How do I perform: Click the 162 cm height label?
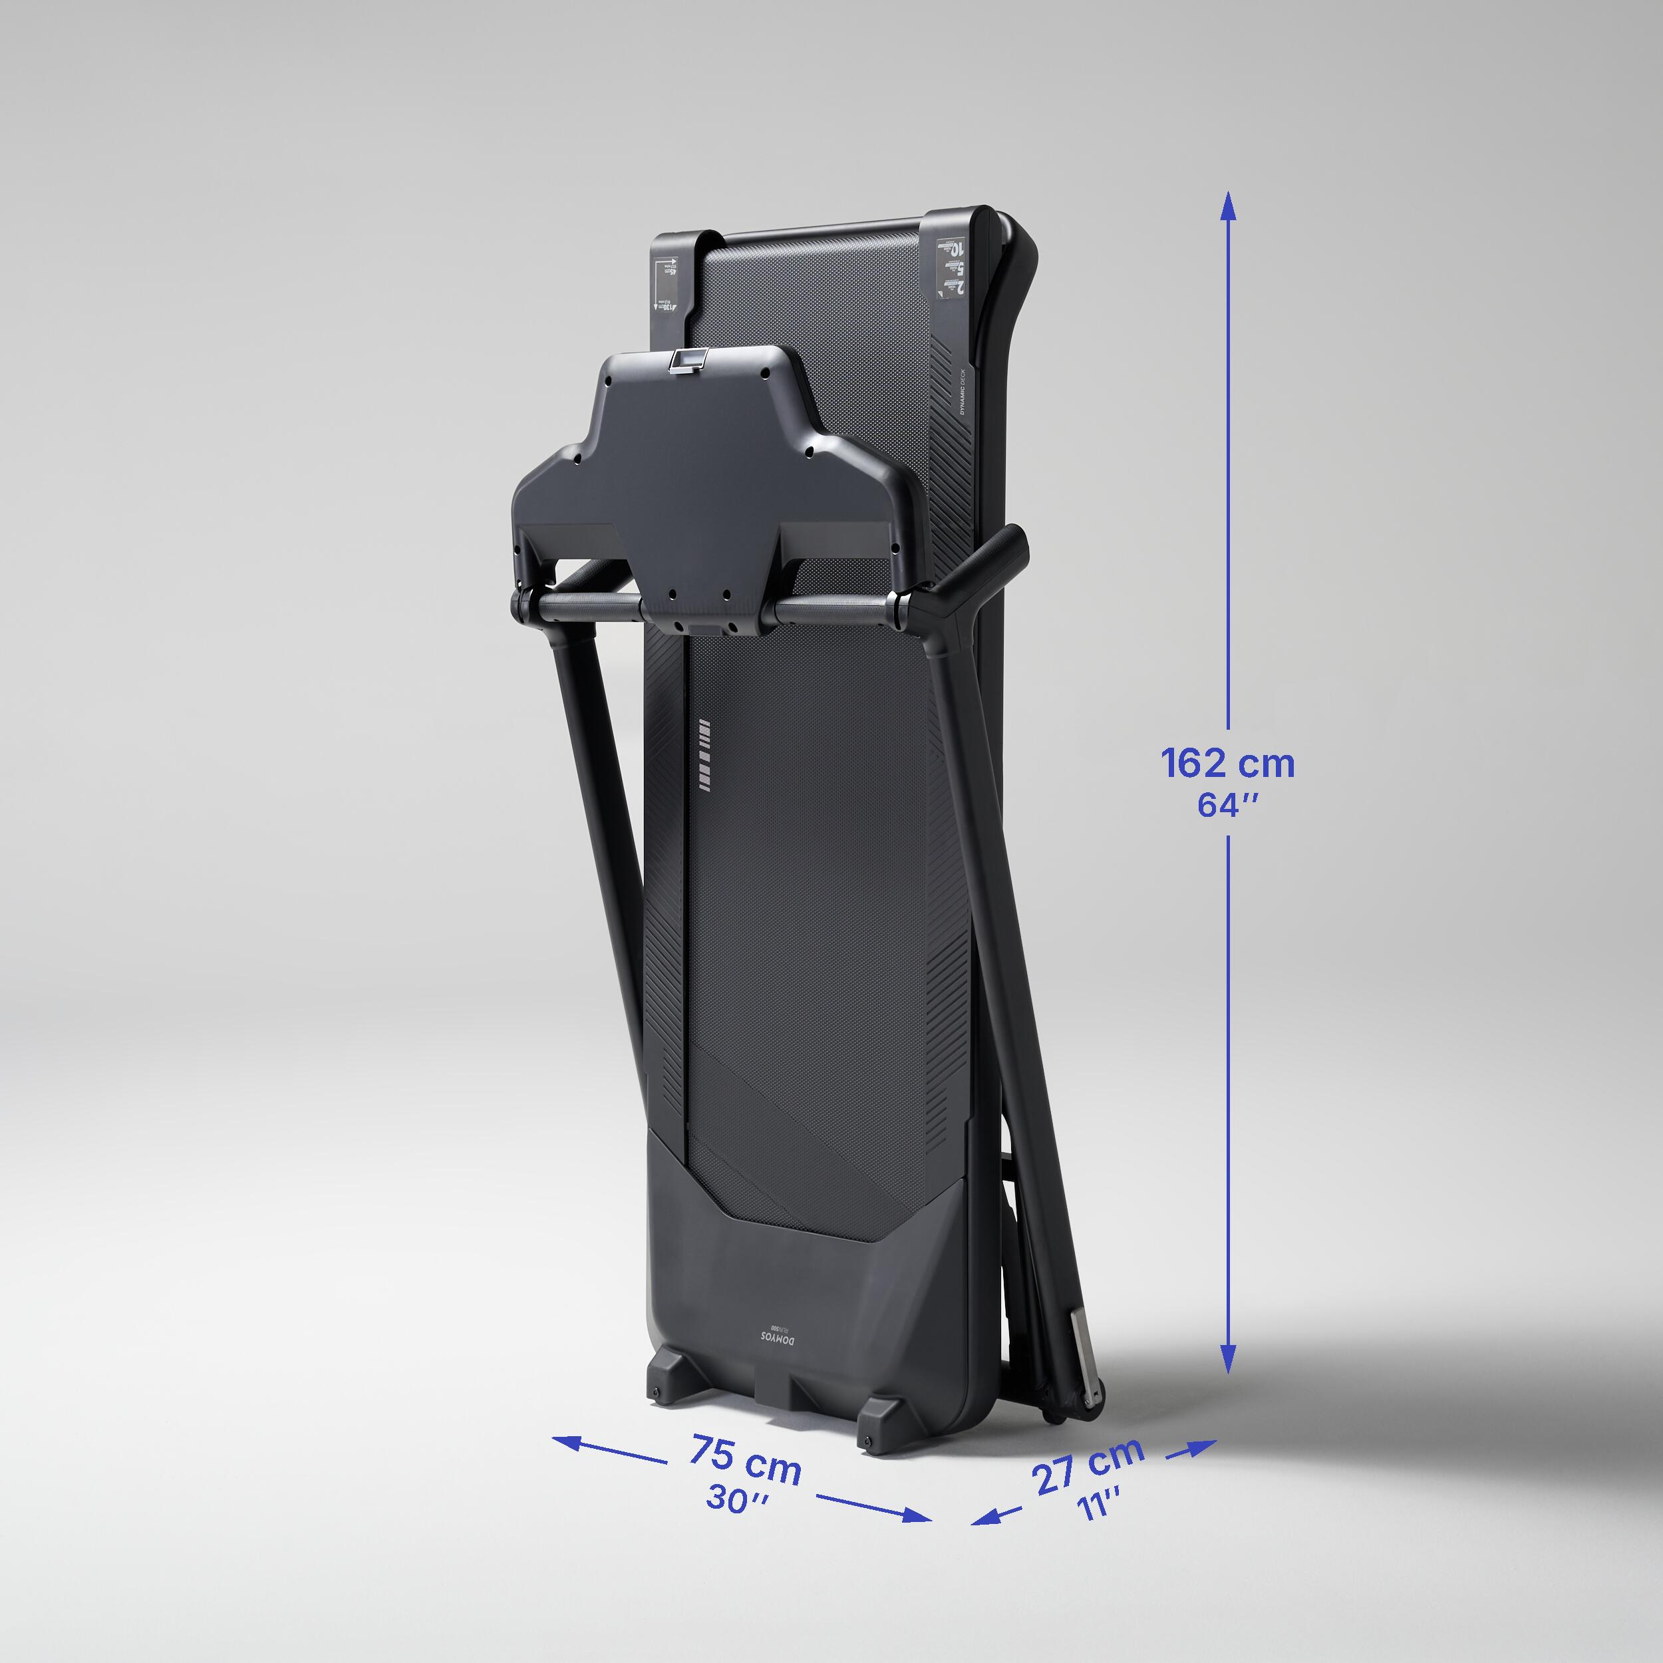pyautogui.click(x=1227, y=764)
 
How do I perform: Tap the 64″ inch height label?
pyautogui.click(x=1227, y=806)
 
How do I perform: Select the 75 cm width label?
pyautogui.click(x=746, y=1460)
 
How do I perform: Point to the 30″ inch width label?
pyautogui.click(x=738, y=1499)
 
